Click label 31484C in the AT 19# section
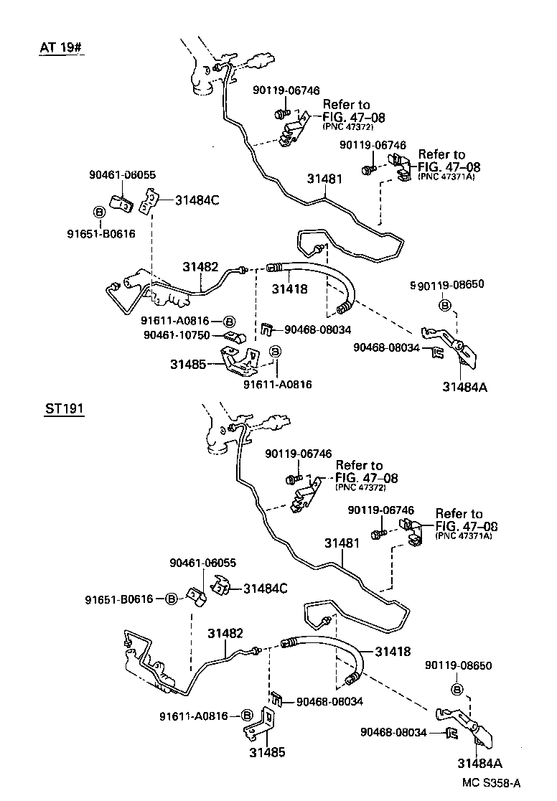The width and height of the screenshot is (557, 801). point(197,201)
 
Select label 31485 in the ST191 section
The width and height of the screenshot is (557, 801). point(267,753)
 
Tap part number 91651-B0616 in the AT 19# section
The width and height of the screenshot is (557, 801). point(102,233)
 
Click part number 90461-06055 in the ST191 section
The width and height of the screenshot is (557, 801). point(202,563)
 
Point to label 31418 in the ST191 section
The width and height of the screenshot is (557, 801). point(392,652)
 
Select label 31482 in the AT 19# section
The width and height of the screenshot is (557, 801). point(200,266)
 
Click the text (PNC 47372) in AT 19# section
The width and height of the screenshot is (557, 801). point(348,127)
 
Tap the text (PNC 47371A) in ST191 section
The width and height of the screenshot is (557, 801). point(464,535)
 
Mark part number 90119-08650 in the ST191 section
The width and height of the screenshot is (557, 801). point(457,665)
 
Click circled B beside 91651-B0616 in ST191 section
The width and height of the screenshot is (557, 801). point(171,599)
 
